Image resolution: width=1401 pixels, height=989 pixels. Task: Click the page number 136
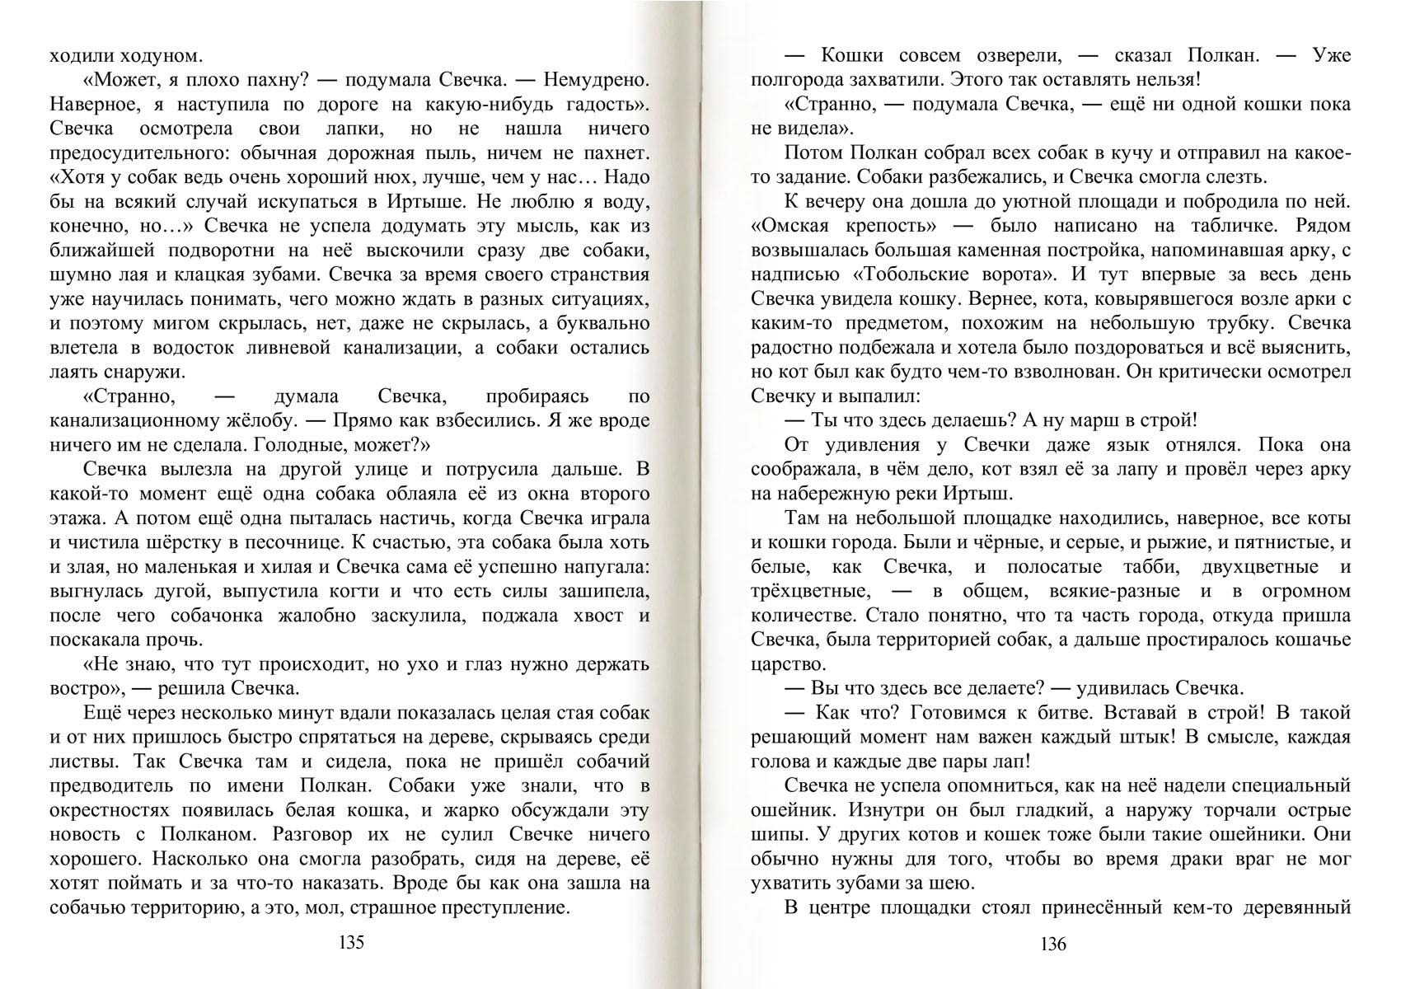pyautogui.click(x=1052, y=944)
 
